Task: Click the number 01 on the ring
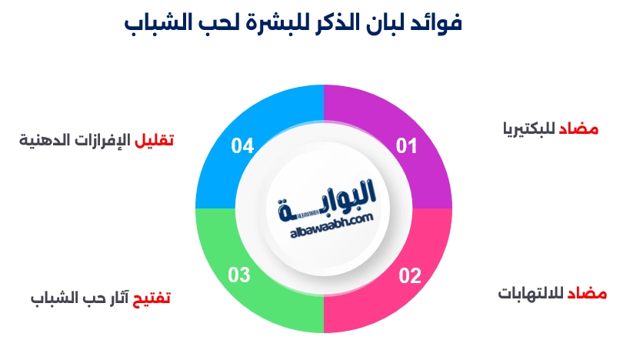[x=406, y=145]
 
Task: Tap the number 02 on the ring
[x=410, y=275]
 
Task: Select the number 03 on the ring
[x=239, y=275]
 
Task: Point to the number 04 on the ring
[x=242, y=145]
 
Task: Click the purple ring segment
[x=410, y=123]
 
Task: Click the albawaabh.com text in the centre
[x=331, y=225]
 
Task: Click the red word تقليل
[x=154, y=140]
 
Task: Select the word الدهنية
[x=40, y=140]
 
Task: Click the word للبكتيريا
[x=529, y=128]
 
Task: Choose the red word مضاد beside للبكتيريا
[x=578, y=128]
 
